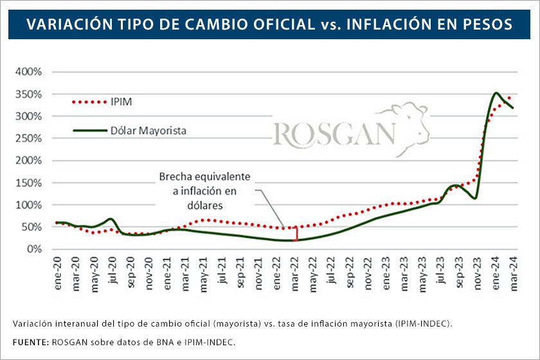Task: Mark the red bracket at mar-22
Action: pos(296,234)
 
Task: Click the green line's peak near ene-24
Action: pos(496,93)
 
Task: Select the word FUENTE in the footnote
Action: pos(30,341)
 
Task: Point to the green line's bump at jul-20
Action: pos(111,219)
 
